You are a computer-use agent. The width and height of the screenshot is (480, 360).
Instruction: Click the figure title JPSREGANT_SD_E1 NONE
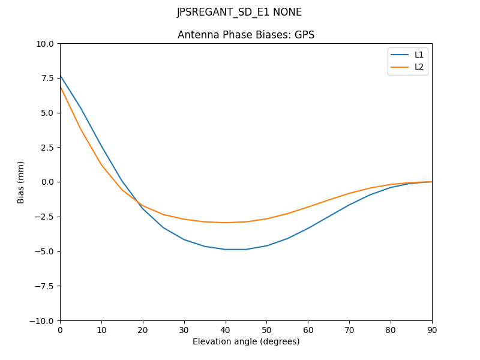coord(239,13)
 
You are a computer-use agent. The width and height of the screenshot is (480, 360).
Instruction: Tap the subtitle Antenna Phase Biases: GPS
coord(246,35)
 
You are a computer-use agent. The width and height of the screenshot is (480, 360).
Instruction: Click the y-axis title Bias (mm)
coord(21,182)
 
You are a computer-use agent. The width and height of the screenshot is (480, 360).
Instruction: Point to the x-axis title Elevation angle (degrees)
coord(246,342)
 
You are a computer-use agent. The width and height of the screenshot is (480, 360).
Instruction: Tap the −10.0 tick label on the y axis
coord(42,321)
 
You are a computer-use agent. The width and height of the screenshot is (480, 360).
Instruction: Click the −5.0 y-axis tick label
coord(44,251)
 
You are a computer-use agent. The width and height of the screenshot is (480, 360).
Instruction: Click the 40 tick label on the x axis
coord(225,329)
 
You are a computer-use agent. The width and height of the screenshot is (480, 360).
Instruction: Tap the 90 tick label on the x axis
coord(432,329)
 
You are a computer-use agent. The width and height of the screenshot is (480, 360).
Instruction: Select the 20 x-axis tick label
coord(143,329)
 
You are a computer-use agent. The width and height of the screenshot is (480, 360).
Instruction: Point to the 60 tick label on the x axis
coord(308,329)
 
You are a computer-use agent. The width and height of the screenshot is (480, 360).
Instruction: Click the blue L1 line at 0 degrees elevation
coord(61,76)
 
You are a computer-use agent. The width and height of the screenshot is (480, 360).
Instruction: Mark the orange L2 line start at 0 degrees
coord(61,87)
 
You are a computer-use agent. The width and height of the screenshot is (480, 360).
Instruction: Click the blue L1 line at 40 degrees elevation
coord(225,249)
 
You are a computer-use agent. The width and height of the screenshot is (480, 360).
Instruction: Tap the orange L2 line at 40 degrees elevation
coord(225,223)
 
